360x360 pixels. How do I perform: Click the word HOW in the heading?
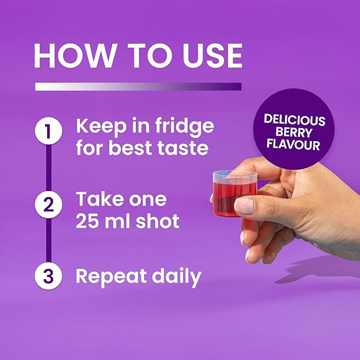(x=74, y=56)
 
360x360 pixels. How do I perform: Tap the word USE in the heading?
(x=213, y=56)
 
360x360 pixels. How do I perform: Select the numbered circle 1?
(x=48, y=130)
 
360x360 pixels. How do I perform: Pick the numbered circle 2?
(x=48, y=204)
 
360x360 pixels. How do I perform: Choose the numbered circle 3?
(x=48, y=276)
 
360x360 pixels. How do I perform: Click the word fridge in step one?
(x=185, y=127)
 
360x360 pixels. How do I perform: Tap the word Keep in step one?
(x=101, y=127)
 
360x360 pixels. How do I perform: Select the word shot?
(x=157, y=221)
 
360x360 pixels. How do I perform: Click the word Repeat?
(x=111, y=277)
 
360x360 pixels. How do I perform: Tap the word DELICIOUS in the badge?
(x=295, y=120)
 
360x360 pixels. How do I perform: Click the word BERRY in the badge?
(x=294, y=133)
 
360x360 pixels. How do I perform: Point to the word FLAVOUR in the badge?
(x=293, y=145)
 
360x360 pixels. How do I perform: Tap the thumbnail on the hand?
(x=244, y=206)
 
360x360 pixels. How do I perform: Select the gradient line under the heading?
(x=138, y=86)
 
